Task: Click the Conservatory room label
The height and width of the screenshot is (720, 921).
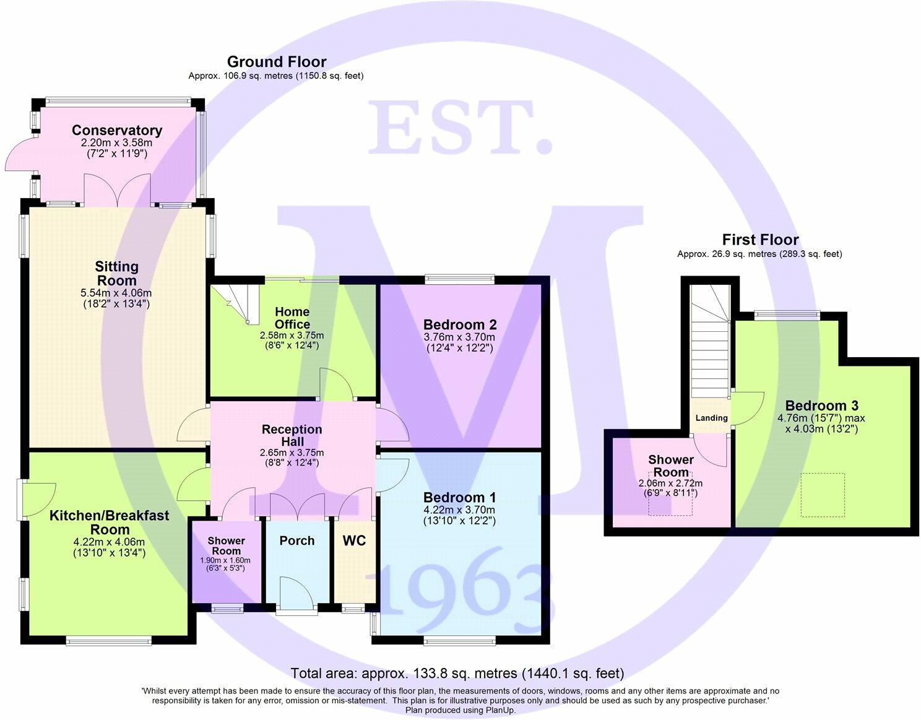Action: [x=117, y=130]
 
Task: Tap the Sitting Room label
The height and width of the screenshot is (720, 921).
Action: [x=116, y=274]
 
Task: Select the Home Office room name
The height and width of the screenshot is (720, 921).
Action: [x=292, y=318]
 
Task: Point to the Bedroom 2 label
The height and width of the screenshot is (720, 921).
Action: [x=460, y=324]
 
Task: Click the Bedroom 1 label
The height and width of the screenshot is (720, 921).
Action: [x=460, y=497]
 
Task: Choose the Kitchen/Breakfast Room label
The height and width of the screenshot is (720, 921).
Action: [x=110, y=523]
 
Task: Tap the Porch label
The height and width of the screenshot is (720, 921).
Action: [x=297, y=540]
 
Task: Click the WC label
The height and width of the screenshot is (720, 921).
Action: [x=355, y=540]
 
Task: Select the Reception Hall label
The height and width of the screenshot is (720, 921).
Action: [x=292, y=435]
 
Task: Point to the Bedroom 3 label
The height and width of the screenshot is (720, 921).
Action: [x=822, y=406]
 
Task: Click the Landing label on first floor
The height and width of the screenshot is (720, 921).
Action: [x=711, y=418]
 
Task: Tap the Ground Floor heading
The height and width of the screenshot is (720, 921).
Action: [x=277, y=62]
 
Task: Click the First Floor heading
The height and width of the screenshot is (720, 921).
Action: [x=760, y=240]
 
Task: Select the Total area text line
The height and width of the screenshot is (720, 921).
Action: [x=457, y=674]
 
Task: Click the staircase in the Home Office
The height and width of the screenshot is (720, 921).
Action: [x=238, y=303]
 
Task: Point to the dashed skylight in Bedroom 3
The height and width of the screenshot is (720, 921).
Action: [x=823, y=495]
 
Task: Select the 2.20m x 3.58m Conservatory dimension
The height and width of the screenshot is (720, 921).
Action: [x=117, y=142]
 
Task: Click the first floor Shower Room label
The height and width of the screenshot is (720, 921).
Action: [x=671, y=466]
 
